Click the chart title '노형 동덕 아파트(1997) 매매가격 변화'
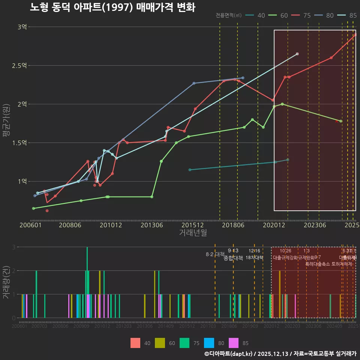pyautogui.click(x=112, y=7)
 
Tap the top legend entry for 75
pyautogui.click(x=301, y=15)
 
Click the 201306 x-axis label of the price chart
pyautogui.click(x=152, y=225)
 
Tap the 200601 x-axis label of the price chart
pyautogui.click(x=30, y=225)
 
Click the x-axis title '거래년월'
pyautogui.click(x=193, y=232)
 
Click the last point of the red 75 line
pyautogui.click(x=355, y=34)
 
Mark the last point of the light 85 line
pyautogui.click(x=297, y=54)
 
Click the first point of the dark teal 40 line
pyautogui.click(x=190, y=170)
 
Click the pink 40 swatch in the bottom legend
pyautogui.click(x=135, y=343)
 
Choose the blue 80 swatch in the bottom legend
pyautogui.click(x=208, y=343)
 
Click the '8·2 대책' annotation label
pyautogui.click(x=215, y=254)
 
